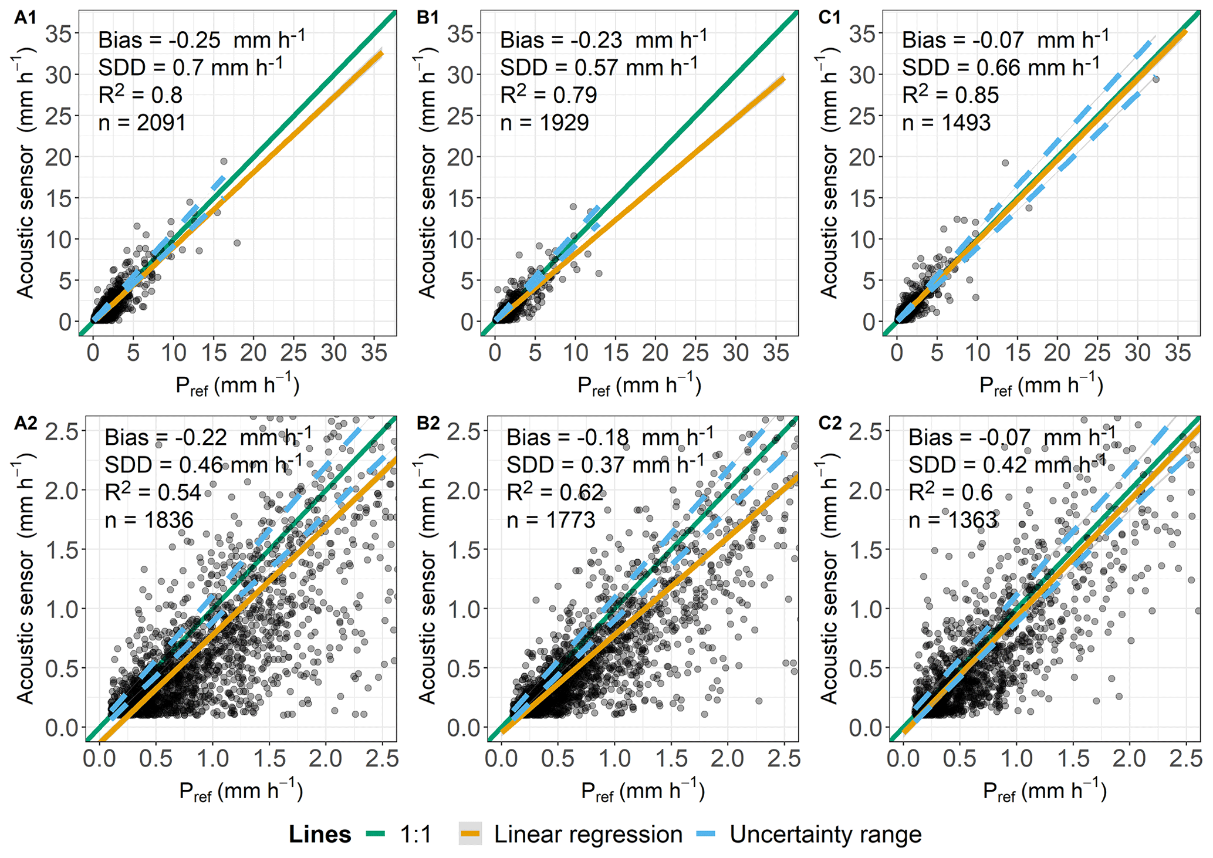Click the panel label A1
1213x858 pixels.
coord(25,18)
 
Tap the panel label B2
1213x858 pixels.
coord(427,423)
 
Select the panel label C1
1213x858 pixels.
coord(829,18)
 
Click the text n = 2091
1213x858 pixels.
coord(142,123)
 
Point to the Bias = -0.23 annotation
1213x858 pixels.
coord(603,40)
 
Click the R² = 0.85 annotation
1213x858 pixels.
coord(950,94)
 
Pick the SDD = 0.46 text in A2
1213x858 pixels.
coord(203,465)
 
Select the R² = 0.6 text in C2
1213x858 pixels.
coord(951,492)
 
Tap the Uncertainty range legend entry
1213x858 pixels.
coord(825,835)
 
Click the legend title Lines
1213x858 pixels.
coord(320,835)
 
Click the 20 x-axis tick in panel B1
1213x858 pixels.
coord(655,353)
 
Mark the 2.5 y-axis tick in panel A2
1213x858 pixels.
coord(63,431)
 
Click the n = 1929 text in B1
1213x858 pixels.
coord(544,123)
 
